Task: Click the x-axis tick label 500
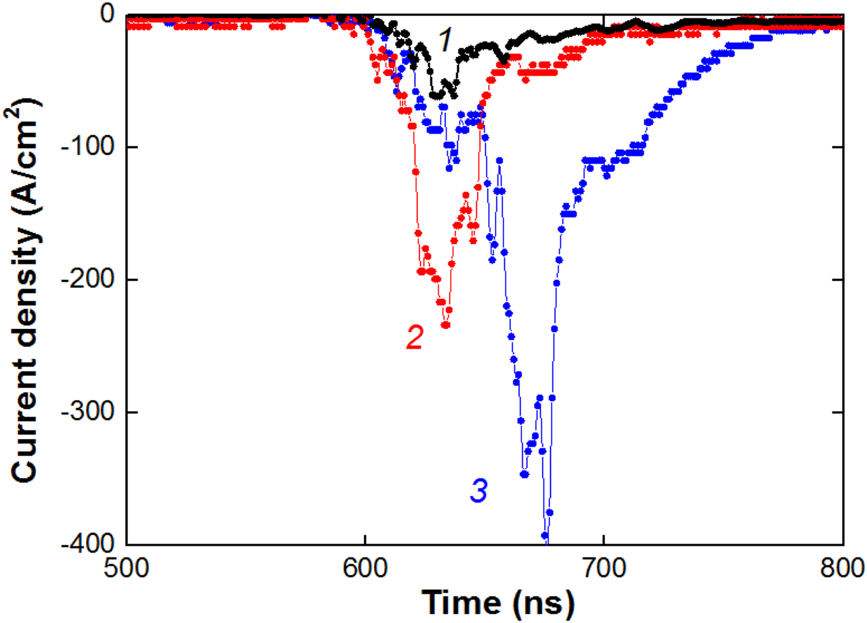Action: coord(126,567)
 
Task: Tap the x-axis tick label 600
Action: coord(365,567)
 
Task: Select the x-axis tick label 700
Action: coord(603,567)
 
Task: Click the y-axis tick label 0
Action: coord(108,14)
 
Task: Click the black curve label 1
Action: coord(446,40)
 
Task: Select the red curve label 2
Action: coord(414,337)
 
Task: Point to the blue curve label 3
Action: coord(479,490)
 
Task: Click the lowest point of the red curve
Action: coord(445,325)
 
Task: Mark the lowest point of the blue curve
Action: coord(545,536)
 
